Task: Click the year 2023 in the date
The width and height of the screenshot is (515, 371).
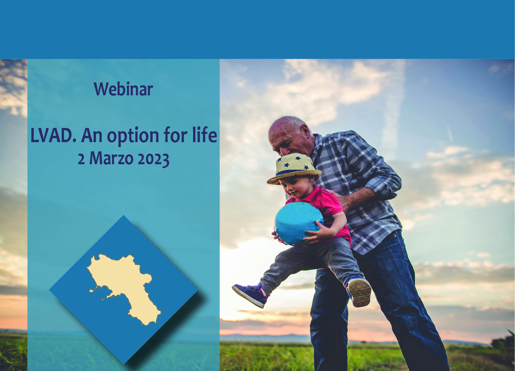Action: (153, 159)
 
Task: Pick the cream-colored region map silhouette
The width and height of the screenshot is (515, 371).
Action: (124, 289)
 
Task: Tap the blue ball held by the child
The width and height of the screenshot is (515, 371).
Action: (299, 224)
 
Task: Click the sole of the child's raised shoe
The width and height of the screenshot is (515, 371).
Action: (359, 292)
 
